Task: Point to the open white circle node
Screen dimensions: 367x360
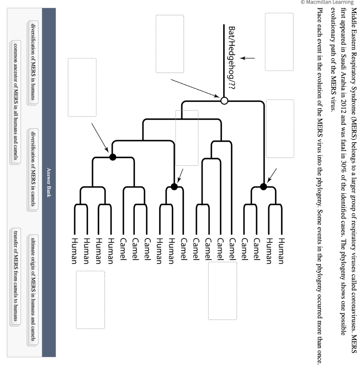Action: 224,91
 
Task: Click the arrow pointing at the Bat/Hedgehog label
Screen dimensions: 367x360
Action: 248,58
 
